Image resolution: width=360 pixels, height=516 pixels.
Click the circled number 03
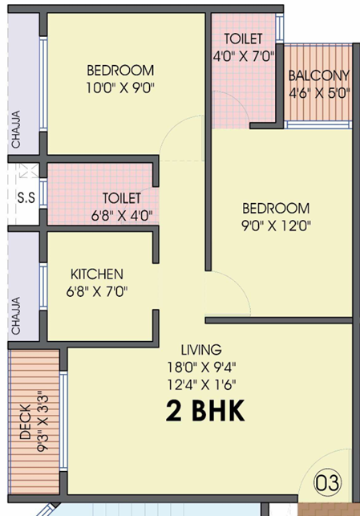click(x=327, y=483)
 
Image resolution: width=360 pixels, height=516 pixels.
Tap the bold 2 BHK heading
click(x=205, y=410)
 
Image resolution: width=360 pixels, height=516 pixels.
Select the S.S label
click(x=26, y=197)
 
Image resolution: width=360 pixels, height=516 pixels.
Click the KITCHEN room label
click(x=97, y=274)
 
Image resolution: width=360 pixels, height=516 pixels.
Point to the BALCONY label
click(x=319, y=76)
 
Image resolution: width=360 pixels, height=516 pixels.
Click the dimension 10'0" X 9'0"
click(x=120, y=87)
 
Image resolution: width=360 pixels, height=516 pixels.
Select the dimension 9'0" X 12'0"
click(x=276, y=225)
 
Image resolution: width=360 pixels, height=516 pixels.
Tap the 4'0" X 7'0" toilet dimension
click(x=244, y=56)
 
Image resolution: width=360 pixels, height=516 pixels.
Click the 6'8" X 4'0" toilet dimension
click(x=122, y=216)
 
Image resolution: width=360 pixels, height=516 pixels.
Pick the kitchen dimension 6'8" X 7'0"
click(x=97, y=291)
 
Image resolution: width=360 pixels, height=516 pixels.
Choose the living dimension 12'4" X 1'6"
click(x=202, y=384)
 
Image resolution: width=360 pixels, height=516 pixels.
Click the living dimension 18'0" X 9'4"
click(x=202, y=367)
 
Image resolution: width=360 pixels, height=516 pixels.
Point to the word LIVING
click(x=201, y=350)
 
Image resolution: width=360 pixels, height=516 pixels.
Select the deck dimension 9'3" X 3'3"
click(x=42, y=421)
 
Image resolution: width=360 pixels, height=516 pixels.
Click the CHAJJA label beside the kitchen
click(x=16, y=316)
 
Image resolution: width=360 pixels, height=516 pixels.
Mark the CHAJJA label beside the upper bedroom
click(x=16, y=129)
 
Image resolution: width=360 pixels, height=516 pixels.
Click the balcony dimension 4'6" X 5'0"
click(x=319, y=93)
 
